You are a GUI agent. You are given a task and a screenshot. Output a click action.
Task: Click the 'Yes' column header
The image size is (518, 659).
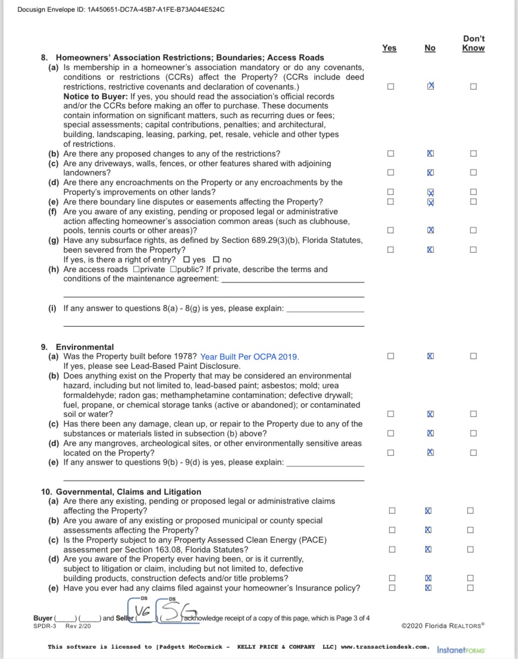tap(389, 48)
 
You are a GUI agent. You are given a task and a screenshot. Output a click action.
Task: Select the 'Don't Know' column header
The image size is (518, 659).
tap(473, 43)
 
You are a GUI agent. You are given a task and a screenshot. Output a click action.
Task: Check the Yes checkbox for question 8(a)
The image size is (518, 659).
tap(391, 86)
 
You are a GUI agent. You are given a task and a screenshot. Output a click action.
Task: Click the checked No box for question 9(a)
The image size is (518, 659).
tap(430, 357)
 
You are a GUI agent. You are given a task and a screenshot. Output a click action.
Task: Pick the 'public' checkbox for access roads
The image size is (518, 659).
tap(173, 270)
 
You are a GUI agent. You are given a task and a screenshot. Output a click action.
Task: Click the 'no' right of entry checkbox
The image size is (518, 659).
tap(217, 260)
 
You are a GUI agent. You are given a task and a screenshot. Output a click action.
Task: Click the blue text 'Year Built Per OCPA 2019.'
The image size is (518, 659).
tap(249, 357)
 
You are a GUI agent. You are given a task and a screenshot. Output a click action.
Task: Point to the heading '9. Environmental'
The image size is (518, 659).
tap(78, 347)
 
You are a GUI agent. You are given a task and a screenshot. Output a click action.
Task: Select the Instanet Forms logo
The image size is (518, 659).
tap(461, 649)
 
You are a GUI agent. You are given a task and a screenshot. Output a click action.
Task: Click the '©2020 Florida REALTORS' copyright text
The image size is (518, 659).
tap(443, 626)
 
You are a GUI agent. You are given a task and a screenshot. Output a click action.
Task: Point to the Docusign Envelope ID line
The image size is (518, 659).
tap(121, 10)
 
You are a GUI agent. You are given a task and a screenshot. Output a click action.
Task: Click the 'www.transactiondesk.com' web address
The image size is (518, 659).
tap(385, 647)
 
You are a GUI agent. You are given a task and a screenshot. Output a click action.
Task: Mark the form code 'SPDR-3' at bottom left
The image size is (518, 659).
tap(45, 626)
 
